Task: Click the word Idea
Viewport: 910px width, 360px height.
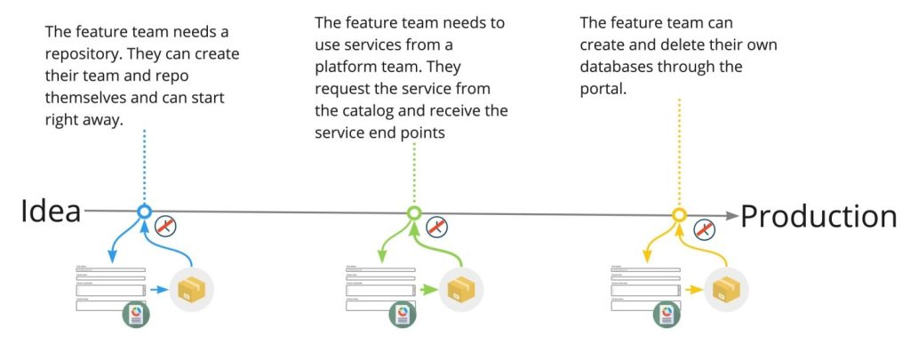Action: point(51,212)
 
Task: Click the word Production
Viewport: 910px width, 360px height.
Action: point(818,216)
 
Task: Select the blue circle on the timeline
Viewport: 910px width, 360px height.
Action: point(145,212)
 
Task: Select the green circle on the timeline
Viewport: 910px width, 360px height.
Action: point(413,213)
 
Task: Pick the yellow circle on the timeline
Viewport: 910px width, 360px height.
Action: point(679,215)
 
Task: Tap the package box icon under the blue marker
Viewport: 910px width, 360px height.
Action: point(191,289)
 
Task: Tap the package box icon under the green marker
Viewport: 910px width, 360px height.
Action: point(459,290)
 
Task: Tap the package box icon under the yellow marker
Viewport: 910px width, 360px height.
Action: point(726,290)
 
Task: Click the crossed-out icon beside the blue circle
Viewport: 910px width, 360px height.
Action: point(165,226)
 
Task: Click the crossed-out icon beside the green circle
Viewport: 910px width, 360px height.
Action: point(436,227)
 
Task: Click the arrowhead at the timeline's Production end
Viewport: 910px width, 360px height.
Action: point(730,215)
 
